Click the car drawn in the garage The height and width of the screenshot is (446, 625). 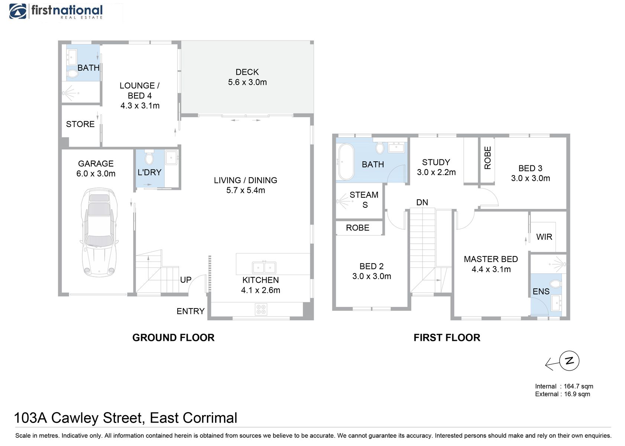(x=99, y=233)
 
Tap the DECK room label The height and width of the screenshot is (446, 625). (x=247, y=72)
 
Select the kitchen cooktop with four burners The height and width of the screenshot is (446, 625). (x=261, y=309)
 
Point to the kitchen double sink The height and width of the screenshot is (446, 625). (x=264, y=267)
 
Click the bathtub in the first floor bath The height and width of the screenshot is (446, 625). (x=346, y=162)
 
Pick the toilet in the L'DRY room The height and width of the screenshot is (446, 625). (x=149, y=157)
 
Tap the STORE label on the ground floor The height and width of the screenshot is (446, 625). (x=80, y=124)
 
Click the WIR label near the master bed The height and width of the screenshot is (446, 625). (x=544, y=237)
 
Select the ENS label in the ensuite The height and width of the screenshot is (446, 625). (x=541, y=291)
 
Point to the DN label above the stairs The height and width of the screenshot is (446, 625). (x=422, y=202)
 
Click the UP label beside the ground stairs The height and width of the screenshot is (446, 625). (x=186, y=279)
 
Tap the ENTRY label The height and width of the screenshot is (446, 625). (x=191, y=311)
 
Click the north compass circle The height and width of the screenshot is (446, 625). (x=569, y=361)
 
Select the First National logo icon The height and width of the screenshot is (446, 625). (x=18, y=12)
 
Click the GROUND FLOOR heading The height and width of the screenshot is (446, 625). (x=173, y=338)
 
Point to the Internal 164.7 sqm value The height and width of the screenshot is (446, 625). (x=579, y=386)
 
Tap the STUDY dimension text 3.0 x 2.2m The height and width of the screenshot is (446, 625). (x=436, y=172)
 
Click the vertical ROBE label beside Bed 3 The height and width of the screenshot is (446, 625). (x=488, y=158)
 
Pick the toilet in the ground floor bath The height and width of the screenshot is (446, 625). (x=73, y=74)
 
